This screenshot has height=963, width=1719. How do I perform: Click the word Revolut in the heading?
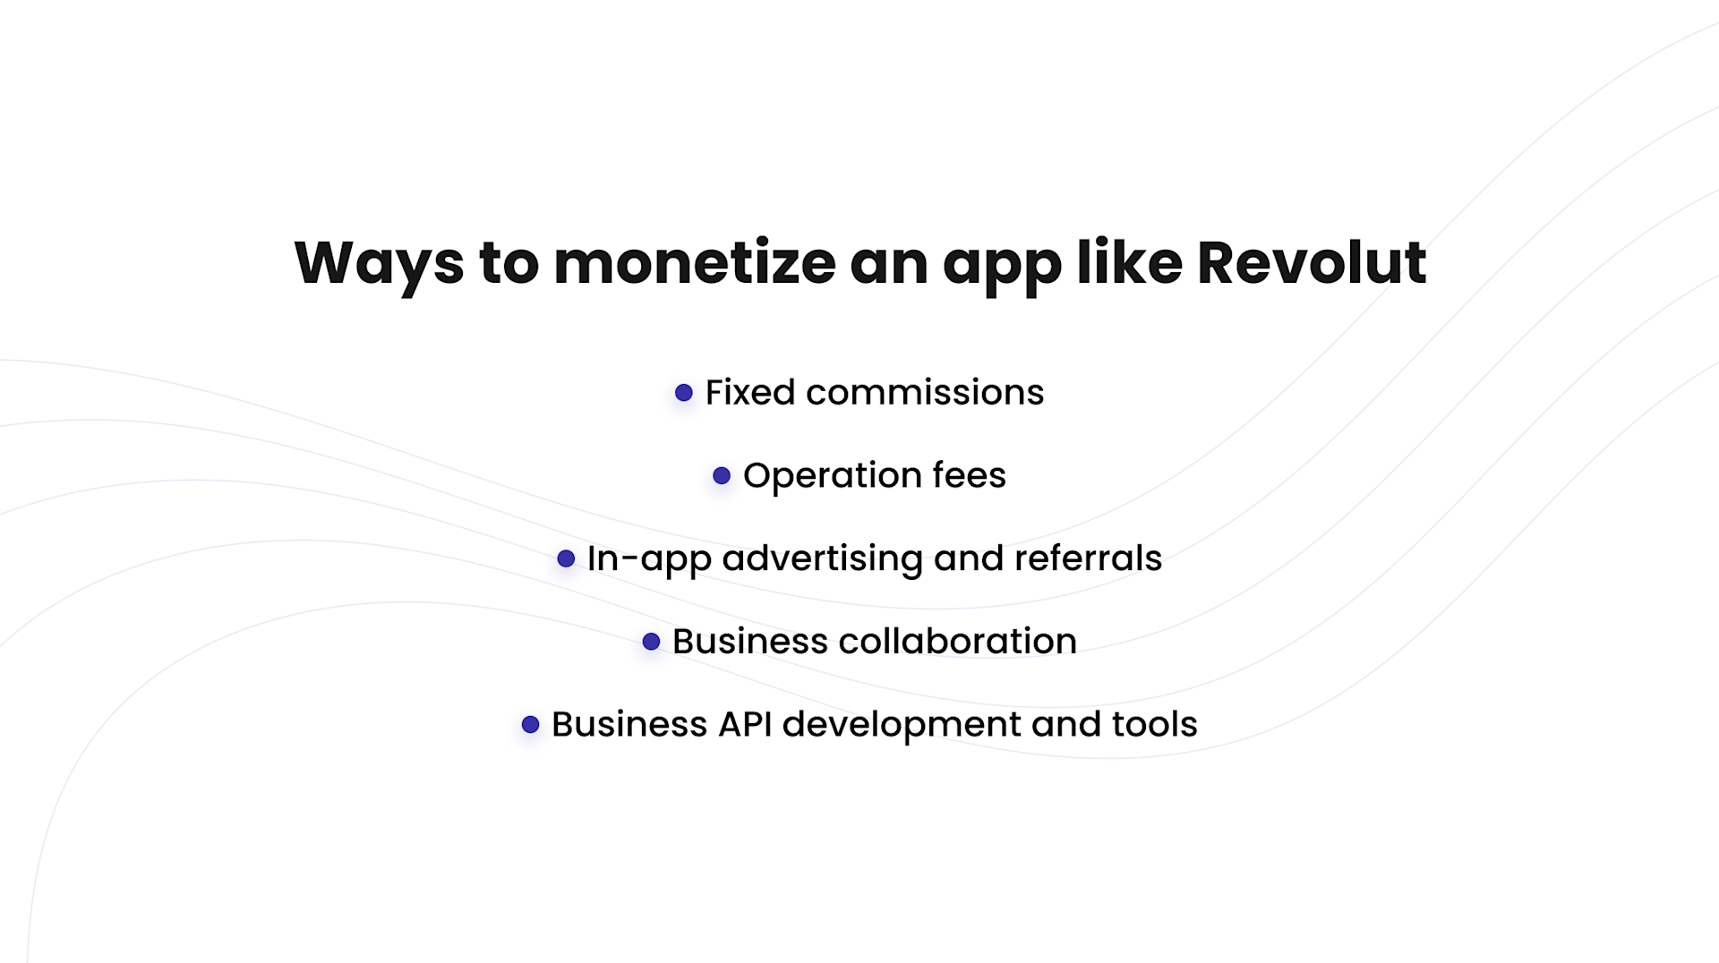pyautogui.click(x=1311, y=263)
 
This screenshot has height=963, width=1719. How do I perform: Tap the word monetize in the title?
pyautogui.click(x=695, y=263)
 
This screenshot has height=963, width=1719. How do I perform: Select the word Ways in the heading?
pyautogui.click(x=379, y=263)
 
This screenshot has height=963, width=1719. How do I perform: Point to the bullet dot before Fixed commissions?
pyautogui.click(x=684, y=393)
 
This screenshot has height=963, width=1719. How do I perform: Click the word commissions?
pyautogui.click(x=925, y=393)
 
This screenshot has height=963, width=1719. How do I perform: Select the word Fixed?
pyautogui.click(x=750, y=393)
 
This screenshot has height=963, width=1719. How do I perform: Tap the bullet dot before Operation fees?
pyautogui.click(x=722, y=476)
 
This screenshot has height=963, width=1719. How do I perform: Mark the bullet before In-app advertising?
pyautogui.click(x=566, y=559)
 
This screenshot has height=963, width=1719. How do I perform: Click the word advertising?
pyautogui.click(x=823, y=559)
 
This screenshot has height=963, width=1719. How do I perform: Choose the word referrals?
pyautogui.click(x=1088, y=559)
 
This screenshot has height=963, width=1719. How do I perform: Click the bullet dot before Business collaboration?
pyautogui.click(x=652, y=642)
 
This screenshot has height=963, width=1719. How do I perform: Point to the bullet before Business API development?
pyautogui.click(x=531, y=725)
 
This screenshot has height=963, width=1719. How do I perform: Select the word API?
pyautogui.click(x=745, y=725)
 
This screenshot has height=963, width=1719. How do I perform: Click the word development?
pyautogui.click(x=901, y=725)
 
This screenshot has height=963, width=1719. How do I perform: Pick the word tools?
pyautogui.click(x=1154, y=725)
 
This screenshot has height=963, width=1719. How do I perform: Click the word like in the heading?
pyautogui.click(x=1129, y=263)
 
